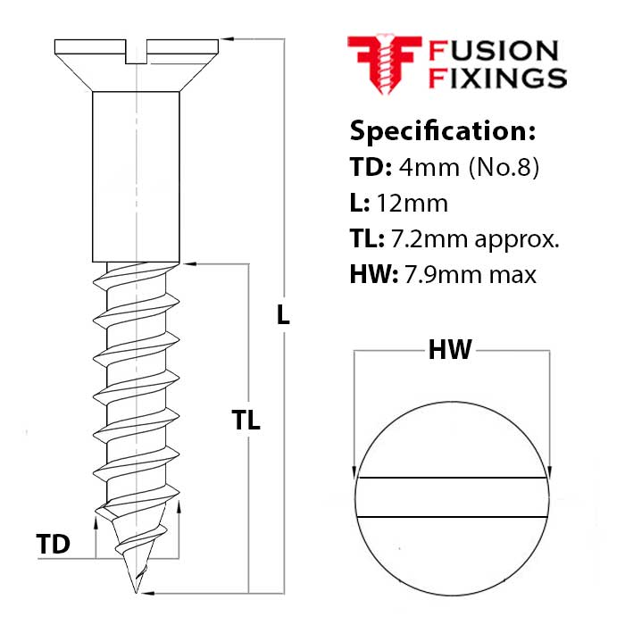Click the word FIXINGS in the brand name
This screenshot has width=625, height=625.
pos(498,78)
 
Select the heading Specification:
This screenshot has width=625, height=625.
pos(443,131)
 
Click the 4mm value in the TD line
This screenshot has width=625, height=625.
pos(420,168)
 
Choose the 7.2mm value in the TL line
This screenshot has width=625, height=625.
pos(426,239)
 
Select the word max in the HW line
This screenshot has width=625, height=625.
pos(511,275)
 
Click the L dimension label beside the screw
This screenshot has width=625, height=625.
pos(284,314)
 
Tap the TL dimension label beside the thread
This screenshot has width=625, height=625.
pos(246,421)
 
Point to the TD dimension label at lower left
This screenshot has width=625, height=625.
pos(54,544)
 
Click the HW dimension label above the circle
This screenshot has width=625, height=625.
pos(450,351)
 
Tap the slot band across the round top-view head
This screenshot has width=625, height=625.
pos(451,498)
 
